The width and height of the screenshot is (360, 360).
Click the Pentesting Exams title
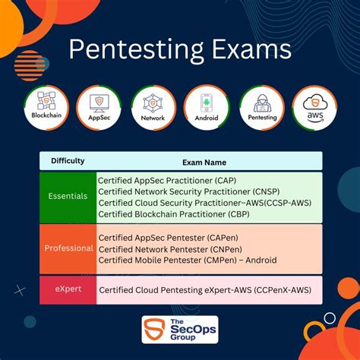(x=179, y=50)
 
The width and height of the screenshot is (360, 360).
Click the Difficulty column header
(x=68, y=161)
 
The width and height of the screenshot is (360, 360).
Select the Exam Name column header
(x=204, y=162)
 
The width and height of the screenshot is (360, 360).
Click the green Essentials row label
(x=68, y=196)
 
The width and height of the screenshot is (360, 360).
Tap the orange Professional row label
(x=68, y=248)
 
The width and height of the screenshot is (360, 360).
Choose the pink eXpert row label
(x=68, y=289)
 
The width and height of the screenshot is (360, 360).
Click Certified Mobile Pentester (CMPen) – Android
(x=188, y=260)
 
